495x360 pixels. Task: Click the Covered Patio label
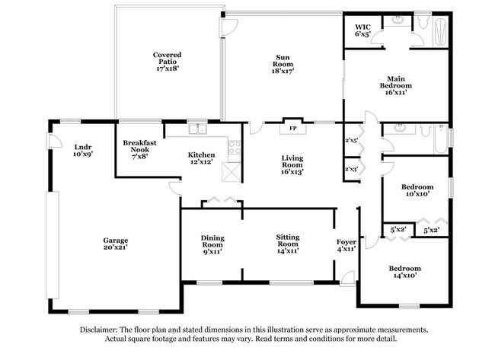[x=167, y=62]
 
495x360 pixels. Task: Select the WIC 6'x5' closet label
[x=362, y=30]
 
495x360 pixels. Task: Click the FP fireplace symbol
[x=292, y=129]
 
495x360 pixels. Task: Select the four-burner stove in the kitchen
[x=234, y=146]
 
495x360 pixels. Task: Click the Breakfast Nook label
[x=140, y=150]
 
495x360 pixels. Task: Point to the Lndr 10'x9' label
[x=83, y=151]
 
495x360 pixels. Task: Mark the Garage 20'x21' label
[x=115, y=244]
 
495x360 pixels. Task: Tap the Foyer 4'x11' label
[x=346, y=245]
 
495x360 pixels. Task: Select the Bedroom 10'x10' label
[x=417, y=190]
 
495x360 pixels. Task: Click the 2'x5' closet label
[x=351, y=141]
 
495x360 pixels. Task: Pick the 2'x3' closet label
[x=351, y=169]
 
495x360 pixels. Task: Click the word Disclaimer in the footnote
[x=101, y=330]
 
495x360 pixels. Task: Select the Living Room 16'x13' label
[x=292, y=164]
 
